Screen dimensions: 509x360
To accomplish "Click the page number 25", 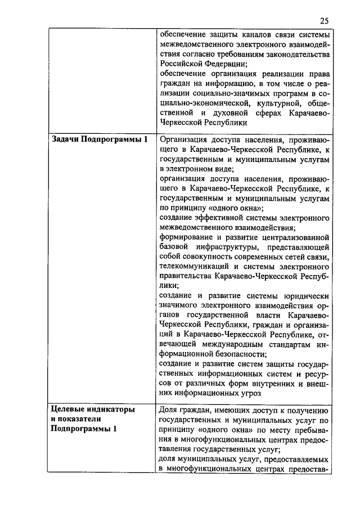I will [x=324, y=21].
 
